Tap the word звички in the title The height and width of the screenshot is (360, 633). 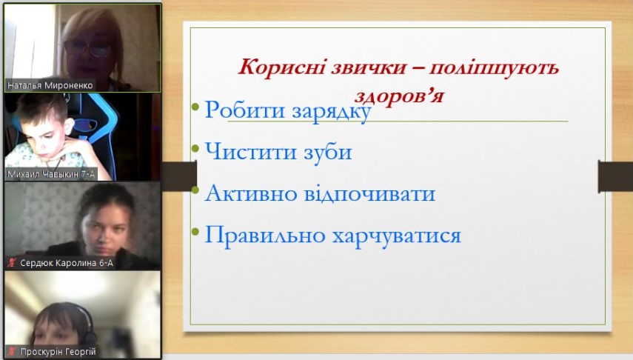pos(368,67)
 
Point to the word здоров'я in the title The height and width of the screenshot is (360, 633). pos(399,96)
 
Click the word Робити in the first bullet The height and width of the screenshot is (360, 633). pos(244,110)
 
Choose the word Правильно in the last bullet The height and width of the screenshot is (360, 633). pos(265,235)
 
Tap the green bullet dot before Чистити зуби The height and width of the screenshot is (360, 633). pos(195,148)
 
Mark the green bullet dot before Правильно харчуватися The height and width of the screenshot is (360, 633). pos(195,232)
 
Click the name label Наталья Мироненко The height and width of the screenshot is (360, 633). pos(50,85)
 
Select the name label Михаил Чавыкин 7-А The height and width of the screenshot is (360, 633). pos(51,174)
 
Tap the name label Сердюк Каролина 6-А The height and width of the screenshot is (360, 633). pos(66,263)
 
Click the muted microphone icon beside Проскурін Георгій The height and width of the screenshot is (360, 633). pos(12,352)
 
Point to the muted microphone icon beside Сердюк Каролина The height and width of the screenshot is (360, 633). pos(12,263)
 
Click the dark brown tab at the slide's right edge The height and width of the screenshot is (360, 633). pos(616,176)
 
